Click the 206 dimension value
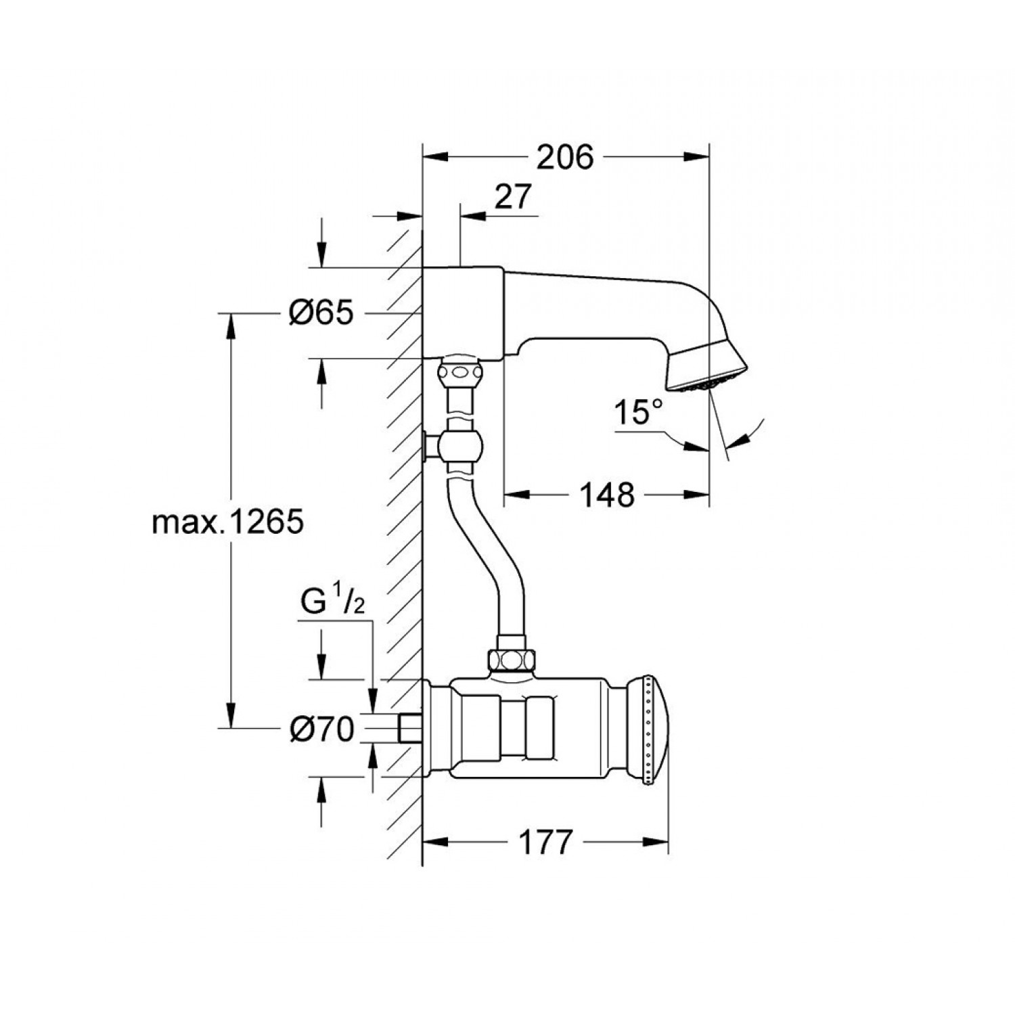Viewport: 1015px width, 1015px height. [564, 158]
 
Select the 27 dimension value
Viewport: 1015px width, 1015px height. [513, 197]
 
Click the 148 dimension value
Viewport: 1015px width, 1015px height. [606, 495]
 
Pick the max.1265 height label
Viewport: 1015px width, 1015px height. [227, 522]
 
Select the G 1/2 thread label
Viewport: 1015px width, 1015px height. [332, 602]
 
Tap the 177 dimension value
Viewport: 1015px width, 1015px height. [545, 842]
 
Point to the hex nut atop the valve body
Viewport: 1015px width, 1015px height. [512, 658]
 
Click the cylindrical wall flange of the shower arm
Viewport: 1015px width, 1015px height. [463, 312]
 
